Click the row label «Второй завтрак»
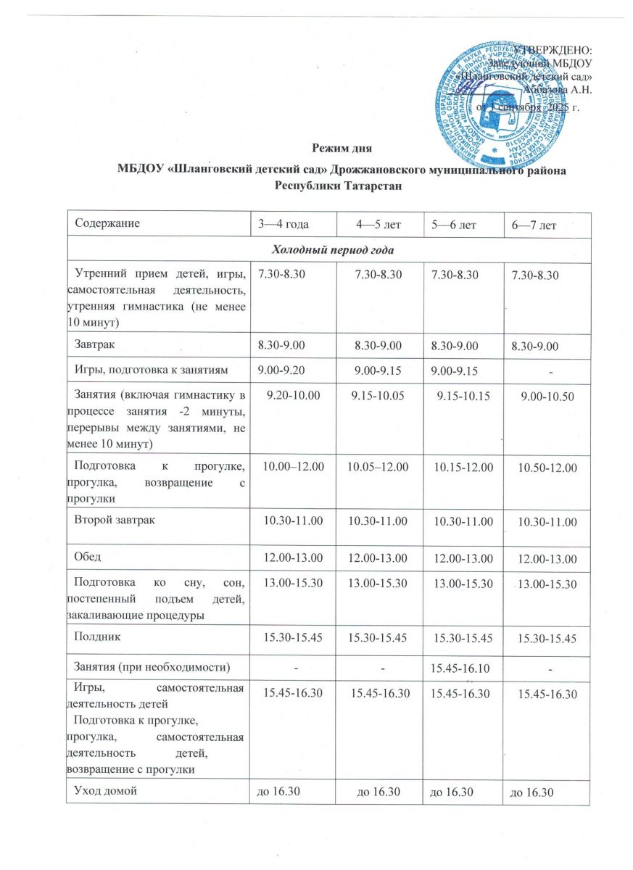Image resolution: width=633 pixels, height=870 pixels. tap(115, 519)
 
